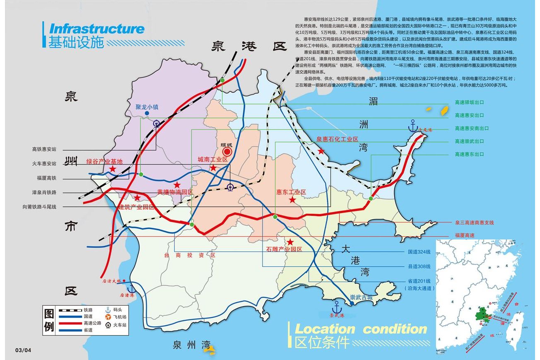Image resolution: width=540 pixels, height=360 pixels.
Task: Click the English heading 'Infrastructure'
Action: [97, 29]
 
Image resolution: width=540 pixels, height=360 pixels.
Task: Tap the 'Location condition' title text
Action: [360, 329]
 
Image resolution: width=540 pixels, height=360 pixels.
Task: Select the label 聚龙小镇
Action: [147, 106]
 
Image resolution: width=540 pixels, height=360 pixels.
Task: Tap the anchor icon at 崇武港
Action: [337, 307]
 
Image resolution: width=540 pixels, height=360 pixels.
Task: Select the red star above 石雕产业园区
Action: [290, 242]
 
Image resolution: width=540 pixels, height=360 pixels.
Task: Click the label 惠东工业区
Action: [291, 192]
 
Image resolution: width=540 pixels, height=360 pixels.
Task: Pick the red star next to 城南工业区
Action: [213, 168]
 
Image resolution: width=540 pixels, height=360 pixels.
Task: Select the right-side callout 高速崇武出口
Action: [469, 141]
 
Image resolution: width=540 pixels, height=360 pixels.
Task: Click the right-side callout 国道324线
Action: [419, 251]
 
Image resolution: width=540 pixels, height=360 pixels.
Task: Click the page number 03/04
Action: [23, 350]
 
